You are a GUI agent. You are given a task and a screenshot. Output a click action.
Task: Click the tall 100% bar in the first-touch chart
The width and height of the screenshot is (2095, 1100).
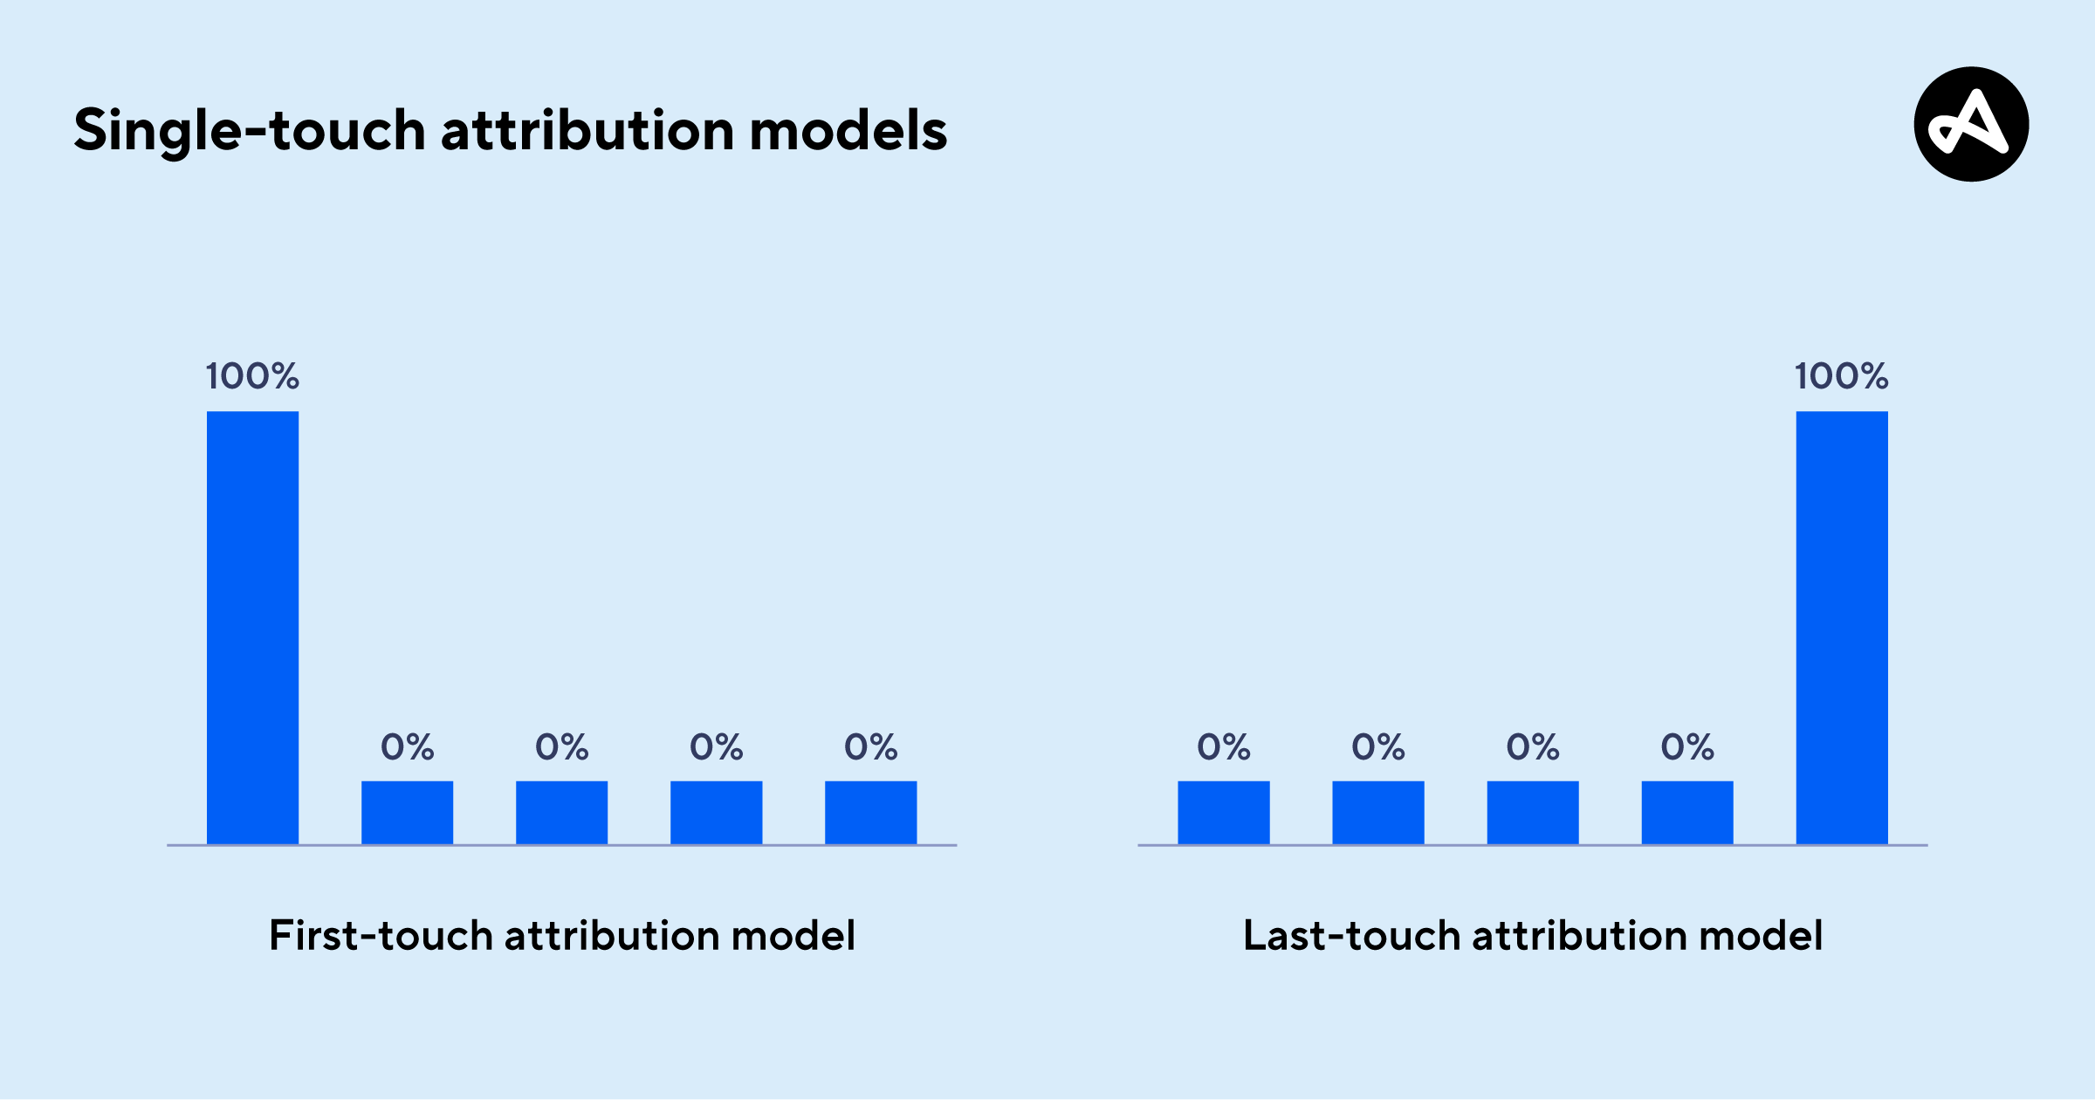252,628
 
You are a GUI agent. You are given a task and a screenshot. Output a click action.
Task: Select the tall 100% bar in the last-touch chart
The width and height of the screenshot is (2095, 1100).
1842,628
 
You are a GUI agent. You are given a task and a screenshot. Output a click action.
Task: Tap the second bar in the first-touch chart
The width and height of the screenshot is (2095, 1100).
407,813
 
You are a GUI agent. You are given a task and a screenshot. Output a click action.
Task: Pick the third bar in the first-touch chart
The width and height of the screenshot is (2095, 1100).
561,813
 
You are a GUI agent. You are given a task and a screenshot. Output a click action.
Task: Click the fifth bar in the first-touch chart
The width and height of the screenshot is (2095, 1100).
870,813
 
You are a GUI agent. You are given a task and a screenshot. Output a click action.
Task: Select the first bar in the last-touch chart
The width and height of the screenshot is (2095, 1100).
1224,813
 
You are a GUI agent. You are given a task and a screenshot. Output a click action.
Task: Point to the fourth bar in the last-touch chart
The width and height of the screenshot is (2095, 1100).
1687,813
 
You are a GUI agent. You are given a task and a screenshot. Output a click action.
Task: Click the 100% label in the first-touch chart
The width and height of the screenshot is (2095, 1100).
252,376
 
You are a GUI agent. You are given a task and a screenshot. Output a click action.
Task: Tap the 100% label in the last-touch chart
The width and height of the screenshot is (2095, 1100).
1842,376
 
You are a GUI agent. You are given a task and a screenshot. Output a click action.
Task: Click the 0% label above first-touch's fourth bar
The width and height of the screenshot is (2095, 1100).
717,747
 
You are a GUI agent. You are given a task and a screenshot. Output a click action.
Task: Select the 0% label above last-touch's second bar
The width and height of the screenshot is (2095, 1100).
1378,747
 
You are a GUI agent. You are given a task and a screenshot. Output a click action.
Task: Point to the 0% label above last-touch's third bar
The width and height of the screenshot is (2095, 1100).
1533,747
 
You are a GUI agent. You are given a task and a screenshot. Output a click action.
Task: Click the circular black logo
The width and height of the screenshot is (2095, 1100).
1971,124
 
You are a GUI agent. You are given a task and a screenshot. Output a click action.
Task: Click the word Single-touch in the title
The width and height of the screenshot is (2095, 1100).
250,132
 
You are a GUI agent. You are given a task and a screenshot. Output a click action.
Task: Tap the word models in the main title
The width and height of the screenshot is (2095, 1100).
848,131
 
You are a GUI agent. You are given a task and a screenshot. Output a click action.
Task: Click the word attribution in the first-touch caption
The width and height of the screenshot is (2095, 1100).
612,936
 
